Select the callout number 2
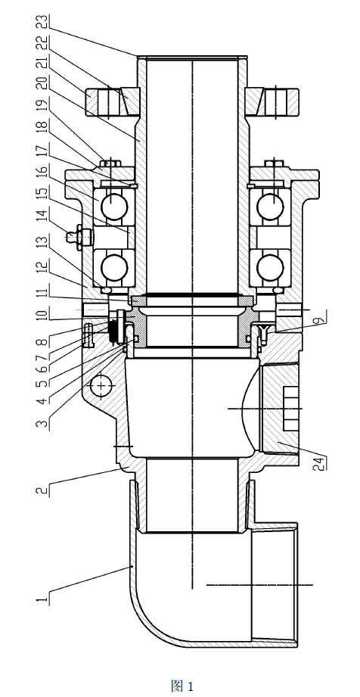[42, 490]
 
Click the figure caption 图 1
[182, 686]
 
